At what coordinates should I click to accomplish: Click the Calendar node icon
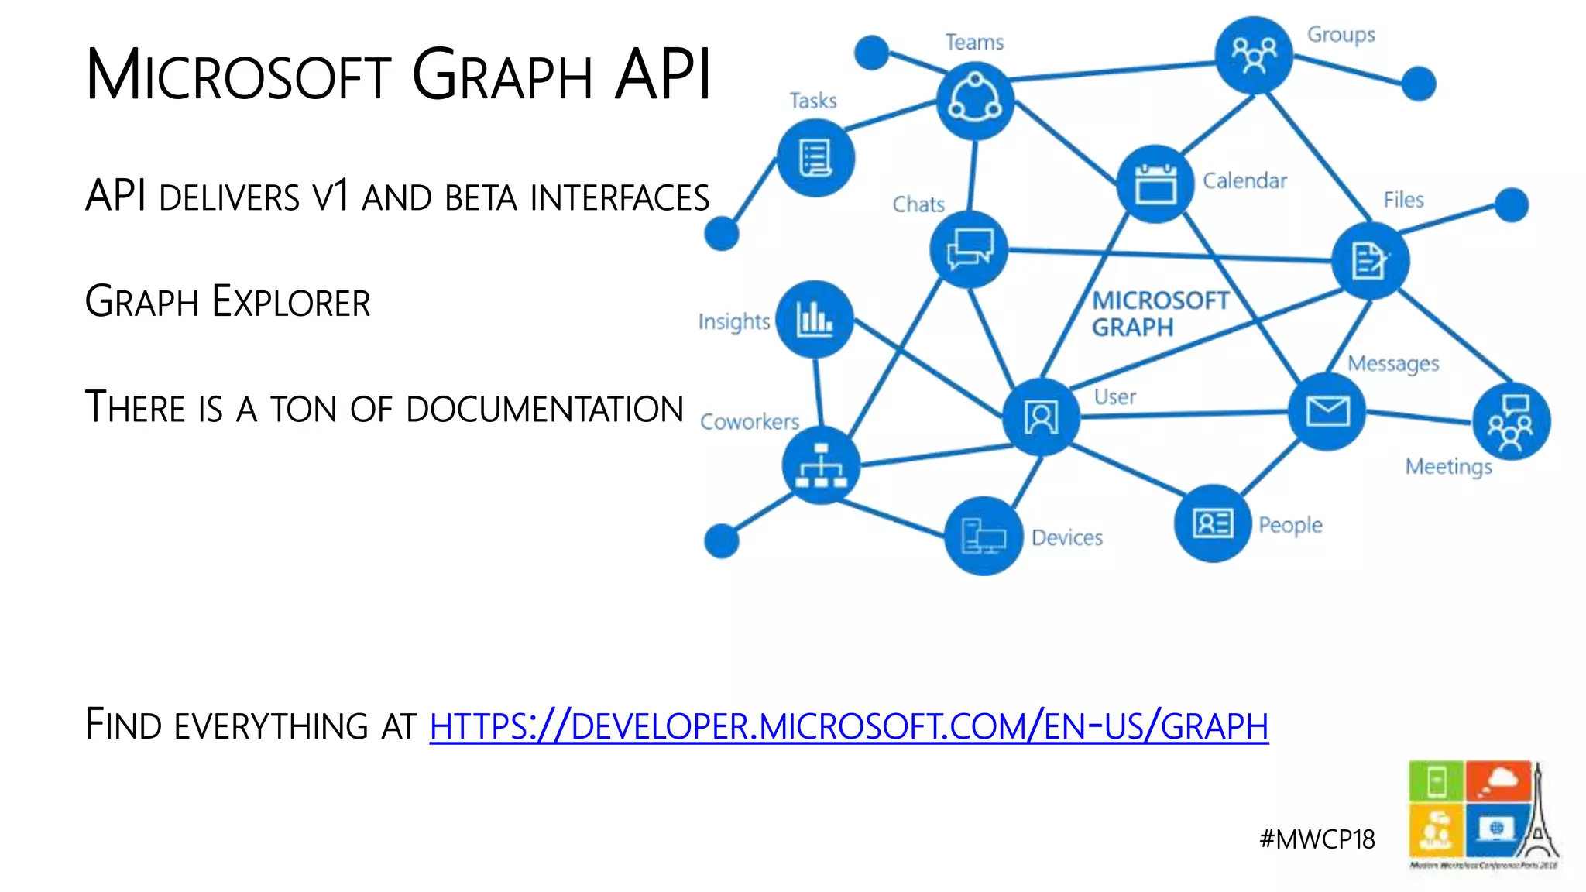pyautogui.click(x=1155, y=184)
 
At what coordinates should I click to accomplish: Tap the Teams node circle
pyautogui.click(x=975, y=101)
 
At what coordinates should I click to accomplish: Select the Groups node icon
pyautogui.click(x=1254, y=55)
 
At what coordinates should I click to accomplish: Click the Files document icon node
pyautogui.click(x=1370, y=260)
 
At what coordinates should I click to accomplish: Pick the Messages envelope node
pyautogui.click(x=1327, y=411)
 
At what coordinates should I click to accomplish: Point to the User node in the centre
pyautogui.click(x=1041, y=418)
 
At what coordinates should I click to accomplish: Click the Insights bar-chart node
pyautogui.click(x=815, y=319)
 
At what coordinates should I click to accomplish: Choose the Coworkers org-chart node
pyautogui.click(x=821, y=465)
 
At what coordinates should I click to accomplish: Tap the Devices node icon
pyautogui.click(x=983, y=536)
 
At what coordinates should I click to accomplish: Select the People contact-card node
pyautogui.click(x=1213, y=523)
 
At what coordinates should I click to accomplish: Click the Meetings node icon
pyautogui.click(x=1511, y=422)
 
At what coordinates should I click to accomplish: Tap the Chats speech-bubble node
pyautogui.click(x=969, y=249)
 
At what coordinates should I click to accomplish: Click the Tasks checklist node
pyautogui.click(x=815, y=158)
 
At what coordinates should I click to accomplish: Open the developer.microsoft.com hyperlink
pyautogui.click(x=849, y=726)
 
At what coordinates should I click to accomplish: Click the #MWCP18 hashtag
pyautogui.click(x=1317, y=839)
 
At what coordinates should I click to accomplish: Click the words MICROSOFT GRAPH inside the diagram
pyautogui.click(x=1159, y=314)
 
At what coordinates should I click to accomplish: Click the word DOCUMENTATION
pyautogui.click(x=544, y=409)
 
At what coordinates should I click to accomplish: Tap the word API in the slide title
pyautogui.click(x=663, y=75)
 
